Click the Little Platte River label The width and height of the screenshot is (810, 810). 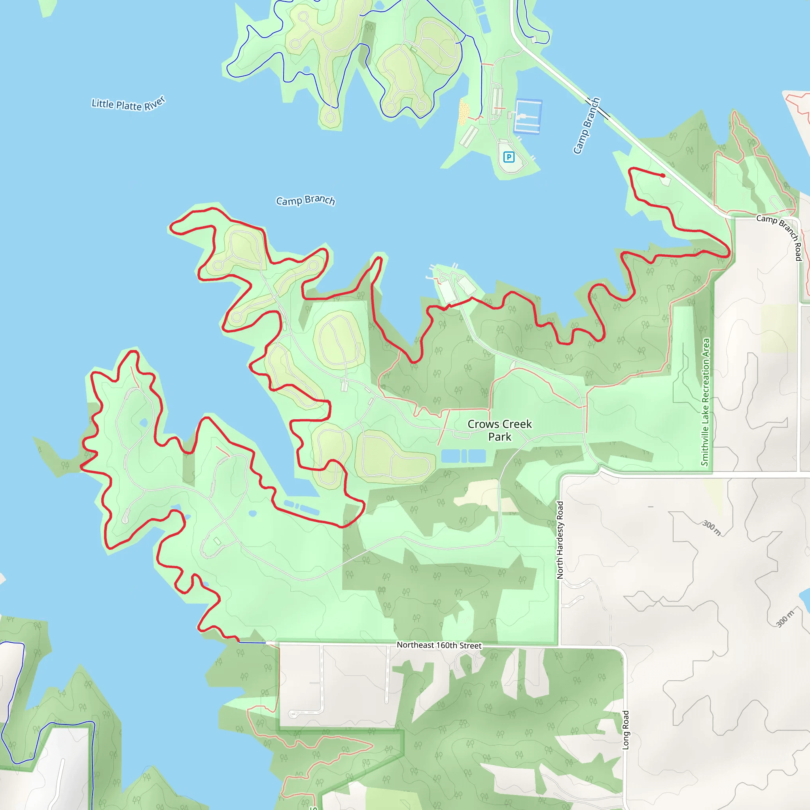point(128,104)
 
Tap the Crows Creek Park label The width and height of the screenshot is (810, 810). point(500,430)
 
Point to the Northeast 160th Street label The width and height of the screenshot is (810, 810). point(439,645)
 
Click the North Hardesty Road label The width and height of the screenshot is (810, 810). point(560,540)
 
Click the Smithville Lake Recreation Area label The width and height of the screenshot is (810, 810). point(705,402)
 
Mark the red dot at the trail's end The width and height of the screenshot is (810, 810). point(663,176)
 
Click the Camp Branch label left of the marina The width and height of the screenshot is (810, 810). point(305,201)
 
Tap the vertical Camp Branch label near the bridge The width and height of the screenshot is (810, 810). point(587,126)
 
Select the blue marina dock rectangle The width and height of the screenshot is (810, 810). point(528,116)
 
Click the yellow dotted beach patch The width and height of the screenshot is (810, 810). point(464,112)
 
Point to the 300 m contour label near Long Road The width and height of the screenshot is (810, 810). point(785,619)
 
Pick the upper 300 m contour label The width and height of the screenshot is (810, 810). point(712,528)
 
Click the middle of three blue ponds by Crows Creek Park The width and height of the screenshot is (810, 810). point(464,456)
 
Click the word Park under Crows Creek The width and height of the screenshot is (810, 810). point(500,437)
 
